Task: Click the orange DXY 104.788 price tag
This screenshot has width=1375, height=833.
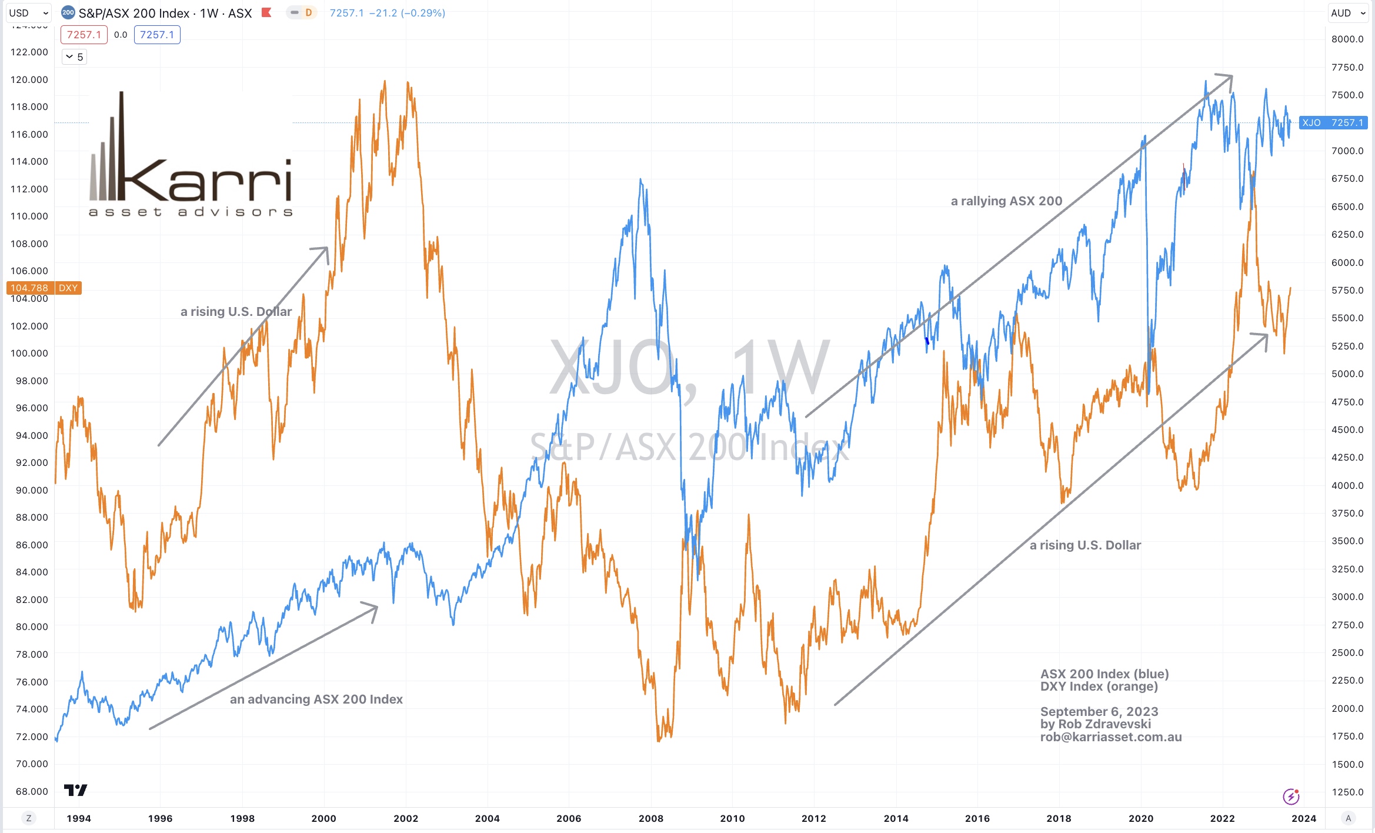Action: tap(44, 288)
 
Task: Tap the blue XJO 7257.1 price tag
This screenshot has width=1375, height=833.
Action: tap(1332, 122)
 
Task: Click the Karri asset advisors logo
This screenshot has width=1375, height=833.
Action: tap(190, 155)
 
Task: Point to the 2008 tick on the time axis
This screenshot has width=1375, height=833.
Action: tap(650, 818)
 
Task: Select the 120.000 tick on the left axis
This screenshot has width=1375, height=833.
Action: tap(29, 79)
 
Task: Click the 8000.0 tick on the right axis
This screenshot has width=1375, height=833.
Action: tap(1347, 39)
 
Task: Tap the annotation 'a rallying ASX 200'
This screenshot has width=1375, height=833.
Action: tap(1006, 201)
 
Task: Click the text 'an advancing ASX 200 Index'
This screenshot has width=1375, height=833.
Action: tap(316, 699)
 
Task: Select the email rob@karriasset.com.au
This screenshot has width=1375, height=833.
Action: tap(1110, 737)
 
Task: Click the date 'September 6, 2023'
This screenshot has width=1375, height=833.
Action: tap(1099, 712)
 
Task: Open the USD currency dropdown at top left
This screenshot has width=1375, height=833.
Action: tap(28, 13)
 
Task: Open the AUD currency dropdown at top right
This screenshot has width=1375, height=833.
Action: tap(1348, 13)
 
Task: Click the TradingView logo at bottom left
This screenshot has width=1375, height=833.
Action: tap(75, 790)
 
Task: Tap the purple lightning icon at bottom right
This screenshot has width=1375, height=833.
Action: tap(1291, 797)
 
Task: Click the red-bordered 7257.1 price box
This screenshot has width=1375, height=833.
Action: tap(84, 35)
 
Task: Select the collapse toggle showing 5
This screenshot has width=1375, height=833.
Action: tap(75, 57)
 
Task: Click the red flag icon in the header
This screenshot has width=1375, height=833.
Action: tap(266, 12)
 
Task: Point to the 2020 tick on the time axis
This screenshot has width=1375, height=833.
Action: tap(1140, 818)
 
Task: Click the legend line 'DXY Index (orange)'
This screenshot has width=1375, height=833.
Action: tap(1099, 687)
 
